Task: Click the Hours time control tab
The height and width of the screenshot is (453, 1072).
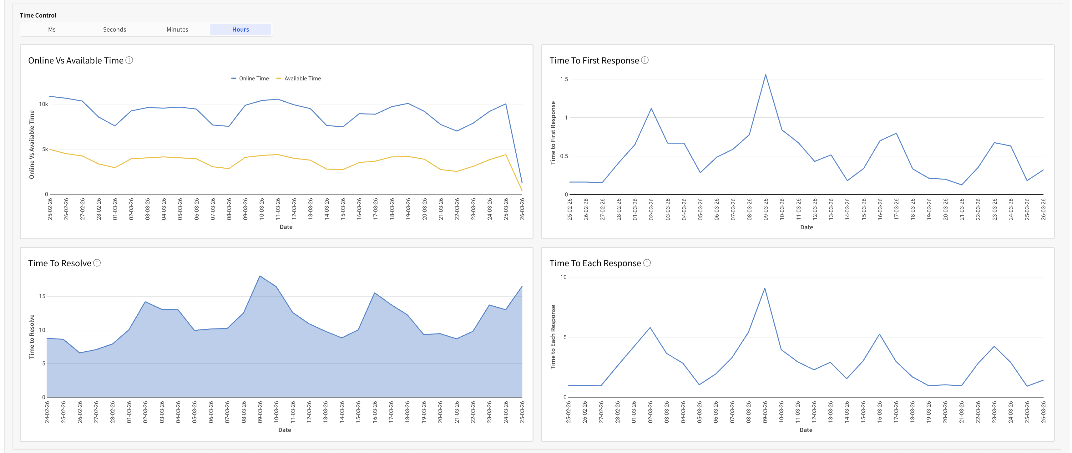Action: point(240,29)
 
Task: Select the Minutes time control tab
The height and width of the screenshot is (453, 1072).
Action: point(177,29)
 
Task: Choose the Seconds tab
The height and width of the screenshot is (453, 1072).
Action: point(114,29)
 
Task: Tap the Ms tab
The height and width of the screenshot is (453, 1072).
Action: point(52,29)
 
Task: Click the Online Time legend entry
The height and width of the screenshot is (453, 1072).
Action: point(250,78)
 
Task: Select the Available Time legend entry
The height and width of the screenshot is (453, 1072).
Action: point(299,78)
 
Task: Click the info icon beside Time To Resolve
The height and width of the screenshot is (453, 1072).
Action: point(97,263)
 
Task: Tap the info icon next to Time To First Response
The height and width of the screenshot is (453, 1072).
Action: point(645,60)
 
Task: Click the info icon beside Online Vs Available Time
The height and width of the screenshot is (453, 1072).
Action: point(129,60)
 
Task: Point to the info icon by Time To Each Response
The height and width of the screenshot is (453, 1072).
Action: point(647,263)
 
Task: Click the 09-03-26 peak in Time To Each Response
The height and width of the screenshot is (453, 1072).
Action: point(765,288)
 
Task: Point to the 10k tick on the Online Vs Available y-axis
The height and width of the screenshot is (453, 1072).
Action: point(43,104)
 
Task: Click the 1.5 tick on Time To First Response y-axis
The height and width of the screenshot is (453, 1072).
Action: point(564,79)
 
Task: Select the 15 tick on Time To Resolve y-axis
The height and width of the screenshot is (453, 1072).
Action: point(42,296)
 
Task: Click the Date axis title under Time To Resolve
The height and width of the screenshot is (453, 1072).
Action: point(285,430)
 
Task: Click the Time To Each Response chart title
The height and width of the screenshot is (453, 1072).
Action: point(595,263)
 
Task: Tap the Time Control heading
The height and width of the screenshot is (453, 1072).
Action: point(38,15)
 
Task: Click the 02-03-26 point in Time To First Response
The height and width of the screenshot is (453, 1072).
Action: point(651,109)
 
